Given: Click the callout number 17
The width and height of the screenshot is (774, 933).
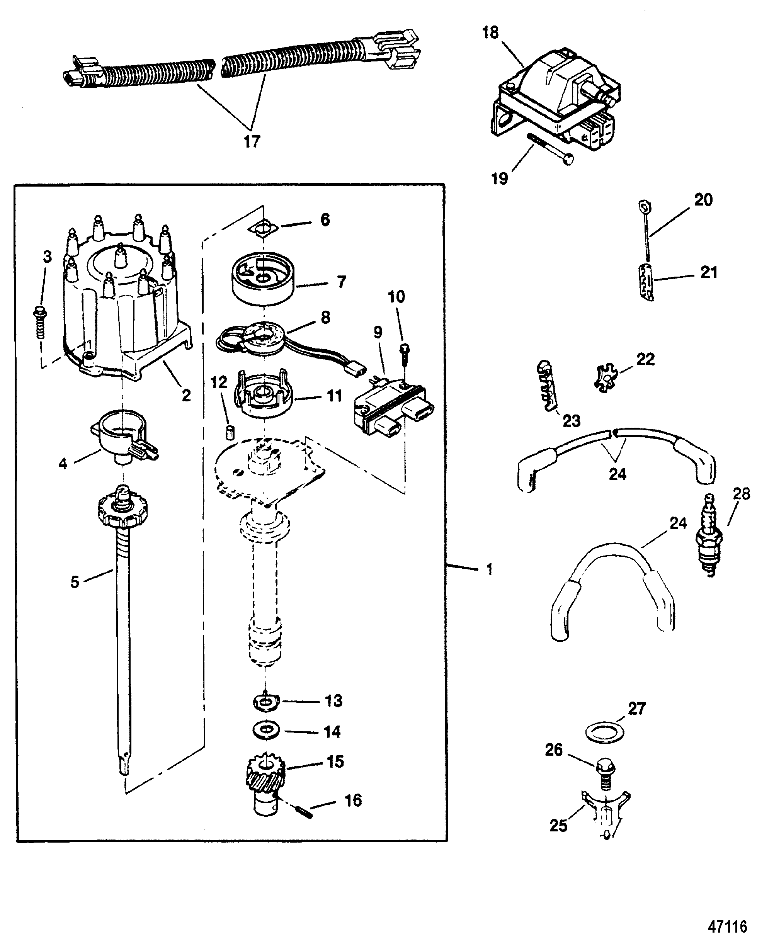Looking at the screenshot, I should pyautogui.click(x=252, y=142).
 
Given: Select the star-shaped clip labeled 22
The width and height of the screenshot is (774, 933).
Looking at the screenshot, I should pyautogui.click(x=606, y=377).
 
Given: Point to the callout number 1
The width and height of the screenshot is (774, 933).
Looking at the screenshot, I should pyautogui.click(x=489, y=569).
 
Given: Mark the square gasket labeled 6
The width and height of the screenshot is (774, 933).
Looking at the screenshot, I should pyautogui.click(x=264, y=228).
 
